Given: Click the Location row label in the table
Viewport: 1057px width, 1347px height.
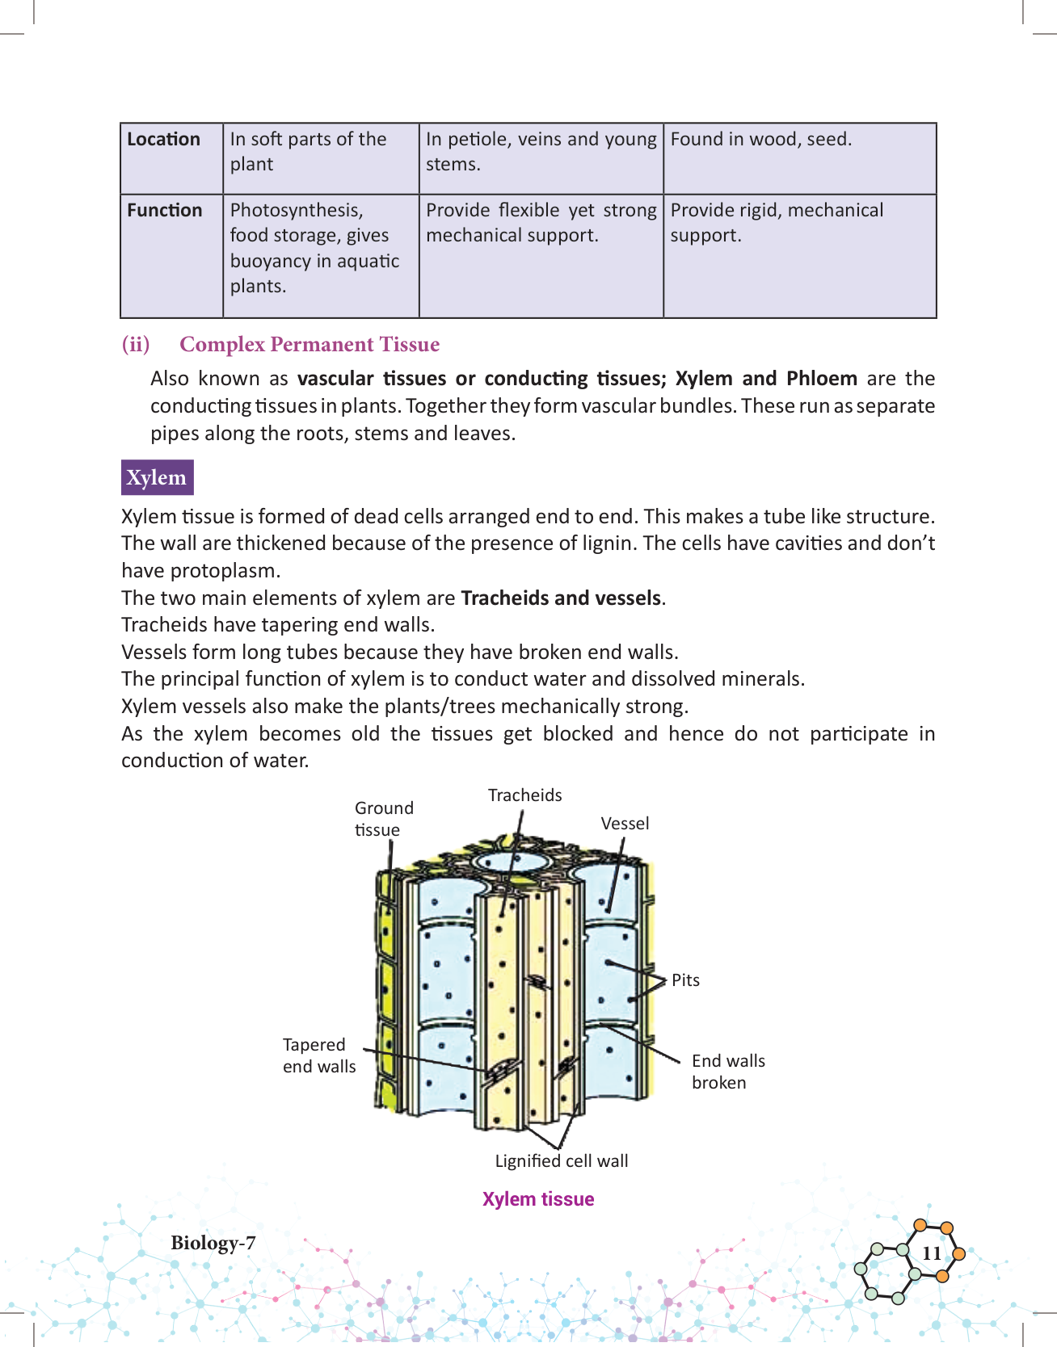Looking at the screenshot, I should pyautogui.click(x=163, y=139).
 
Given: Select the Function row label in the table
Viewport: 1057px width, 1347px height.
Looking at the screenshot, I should pyautogui.click(x=165, y=210).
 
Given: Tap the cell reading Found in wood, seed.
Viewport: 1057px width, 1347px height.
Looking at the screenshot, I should pyautogui.click(x=761, y=139).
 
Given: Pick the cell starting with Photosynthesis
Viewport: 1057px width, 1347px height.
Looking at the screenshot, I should pyautogui.click(x=314, y=248).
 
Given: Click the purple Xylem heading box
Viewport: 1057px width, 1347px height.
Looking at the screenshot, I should pyautogui.click(x=157, y=477).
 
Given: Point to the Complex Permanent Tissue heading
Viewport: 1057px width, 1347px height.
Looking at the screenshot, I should pyautogui.click(x=310, y=344).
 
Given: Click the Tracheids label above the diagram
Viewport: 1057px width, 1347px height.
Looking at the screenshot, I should pyautogui.click(x=525, y=795).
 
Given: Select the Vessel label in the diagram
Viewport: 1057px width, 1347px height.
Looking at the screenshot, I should pyautogui.click(x=625, y=823).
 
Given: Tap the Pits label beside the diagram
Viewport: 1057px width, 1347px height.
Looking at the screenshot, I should pyautogui.click(x=685, y=980).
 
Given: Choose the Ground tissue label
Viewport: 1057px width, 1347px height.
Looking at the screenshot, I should pyautogui.click(x=384, y=818).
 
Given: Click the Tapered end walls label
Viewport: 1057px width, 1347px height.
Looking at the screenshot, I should pyautogui.click(x=319, y=1055).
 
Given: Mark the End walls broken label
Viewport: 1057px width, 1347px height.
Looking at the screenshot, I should pyautogui.click(x=728, y=1072).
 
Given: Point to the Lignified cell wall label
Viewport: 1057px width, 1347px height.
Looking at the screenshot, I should pyautogui.click(x=562, y=1160).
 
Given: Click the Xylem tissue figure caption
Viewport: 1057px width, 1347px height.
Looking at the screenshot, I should pyautogui.click(x=538, y=1199).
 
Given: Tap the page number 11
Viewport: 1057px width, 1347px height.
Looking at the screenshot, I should pyautogui.click(x=932, y=1253).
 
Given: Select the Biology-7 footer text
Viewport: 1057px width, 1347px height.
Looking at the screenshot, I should pyautogui.click(x=213, y=1243).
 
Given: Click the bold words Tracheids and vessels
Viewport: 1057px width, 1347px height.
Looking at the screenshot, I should pyautogui.click(x=561, y=598).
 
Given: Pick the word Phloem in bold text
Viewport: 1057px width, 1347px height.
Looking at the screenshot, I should pyautogui.click(x=821, y=378).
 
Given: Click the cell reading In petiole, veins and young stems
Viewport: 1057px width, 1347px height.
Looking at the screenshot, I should pyautogui.click(x=541, y=152).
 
